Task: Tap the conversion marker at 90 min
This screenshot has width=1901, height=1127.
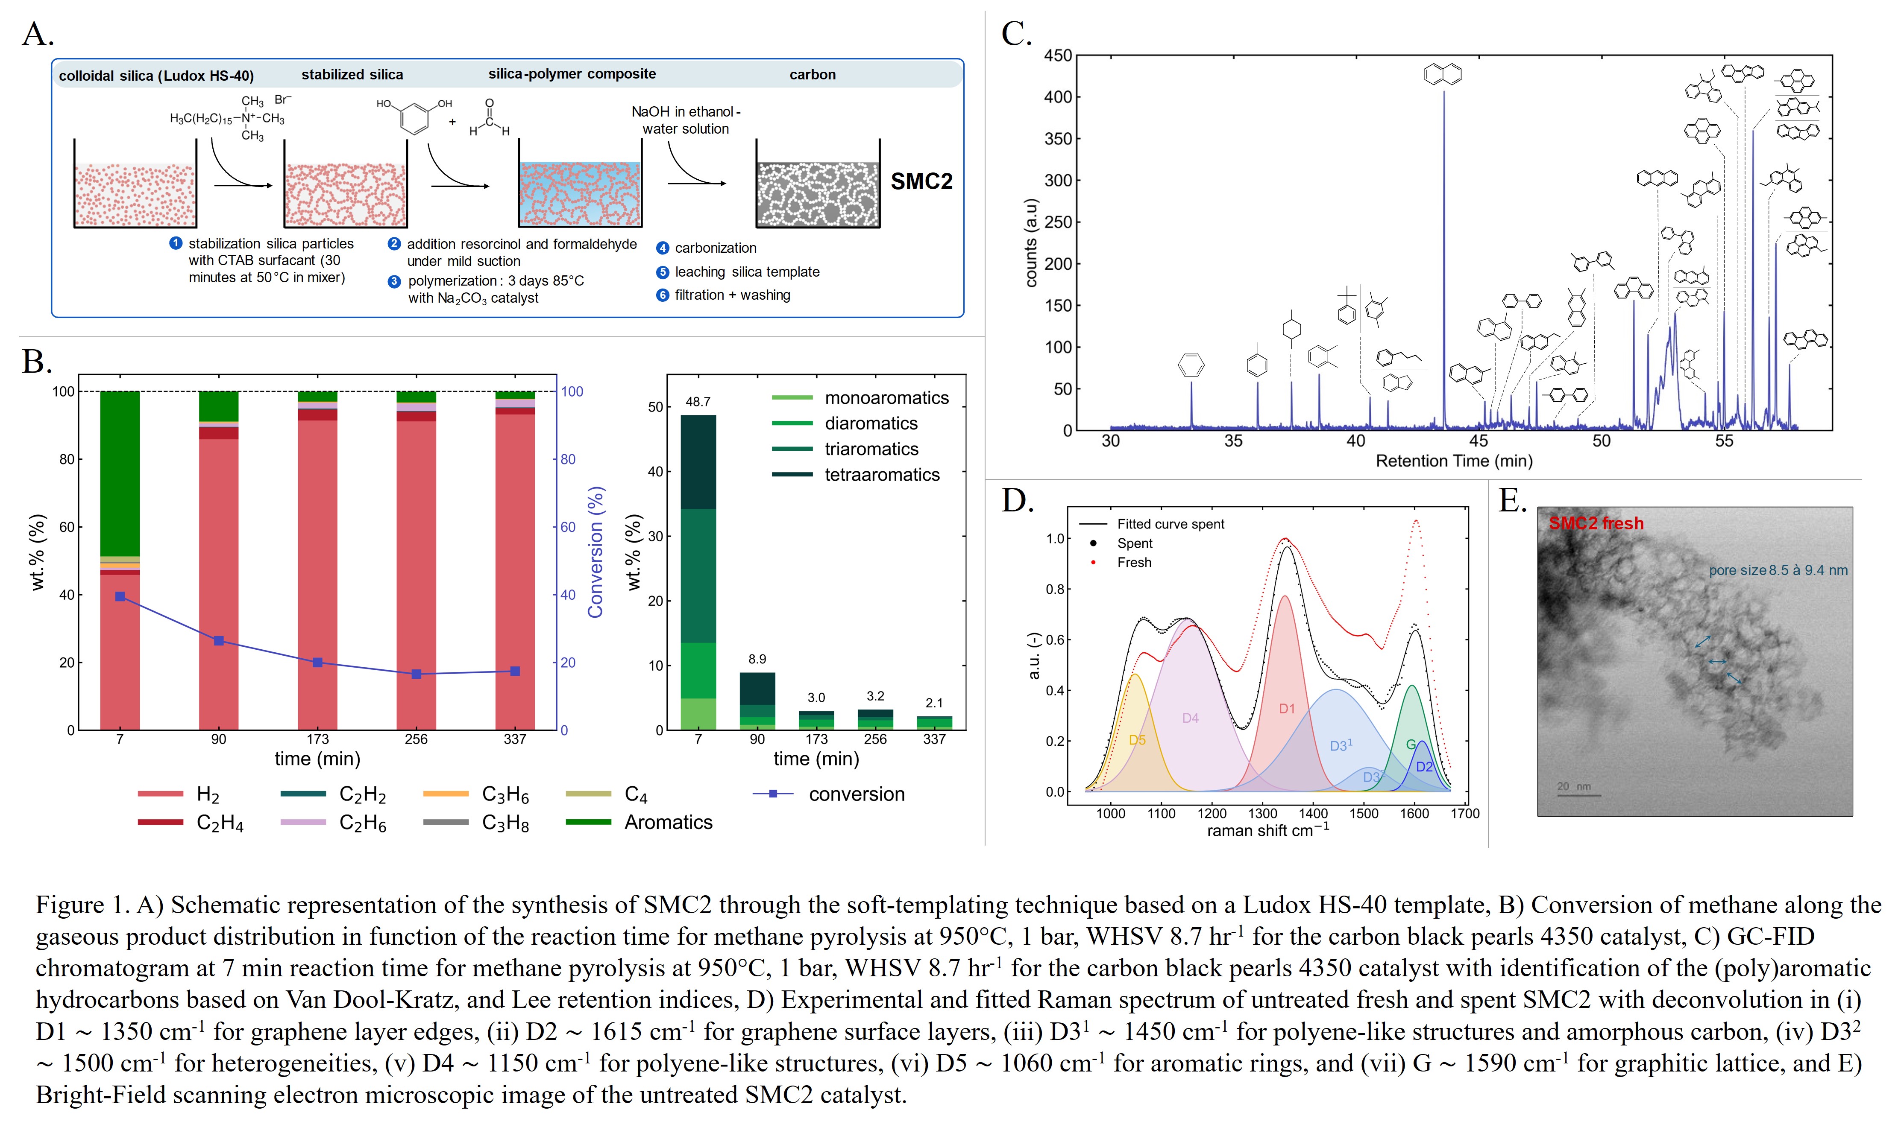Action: point(219,641)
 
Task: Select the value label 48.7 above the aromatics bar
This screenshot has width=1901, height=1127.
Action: point(698,402)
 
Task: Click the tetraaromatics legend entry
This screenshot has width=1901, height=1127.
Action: point(881,475)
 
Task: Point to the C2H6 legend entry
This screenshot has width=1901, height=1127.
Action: point(362,823)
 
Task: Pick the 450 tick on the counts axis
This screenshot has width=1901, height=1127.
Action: point(1058,55)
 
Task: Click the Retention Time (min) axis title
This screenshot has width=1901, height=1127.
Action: point(1453,461)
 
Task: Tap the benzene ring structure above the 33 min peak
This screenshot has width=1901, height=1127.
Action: point(1191,365)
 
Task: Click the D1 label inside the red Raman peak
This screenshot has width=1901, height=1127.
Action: point(1286,709)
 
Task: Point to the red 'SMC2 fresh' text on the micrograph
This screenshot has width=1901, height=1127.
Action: point(1596,523)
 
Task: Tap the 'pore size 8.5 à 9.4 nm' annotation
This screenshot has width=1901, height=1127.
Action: point(1778,570)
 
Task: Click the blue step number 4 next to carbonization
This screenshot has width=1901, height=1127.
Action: point(663,248)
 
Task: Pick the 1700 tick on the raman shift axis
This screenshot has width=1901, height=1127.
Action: point(1465,813)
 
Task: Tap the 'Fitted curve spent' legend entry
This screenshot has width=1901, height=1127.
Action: point(1170,524)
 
